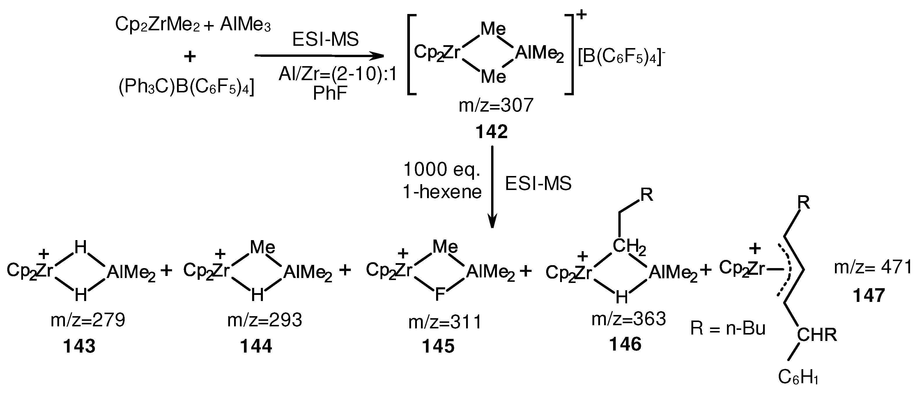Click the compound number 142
click(x=491, y=132)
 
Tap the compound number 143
click(x=79, y=346)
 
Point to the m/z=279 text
click(x=88, y=320)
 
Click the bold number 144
click(x=256, y=346)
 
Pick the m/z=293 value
click(x=265, y=320)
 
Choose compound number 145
click(x=438, y=346)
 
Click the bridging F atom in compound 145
click(x=440, y=295)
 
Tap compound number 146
click(x=625, y=344)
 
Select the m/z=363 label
click(x=629, y=318)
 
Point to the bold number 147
click(x=869, y=296)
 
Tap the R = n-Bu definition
click(x=728, y=329)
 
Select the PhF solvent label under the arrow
click(x=330, y=94)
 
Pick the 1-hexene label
click(x=442, y=192)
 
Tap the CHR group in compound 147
click(x=817, y=335)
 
